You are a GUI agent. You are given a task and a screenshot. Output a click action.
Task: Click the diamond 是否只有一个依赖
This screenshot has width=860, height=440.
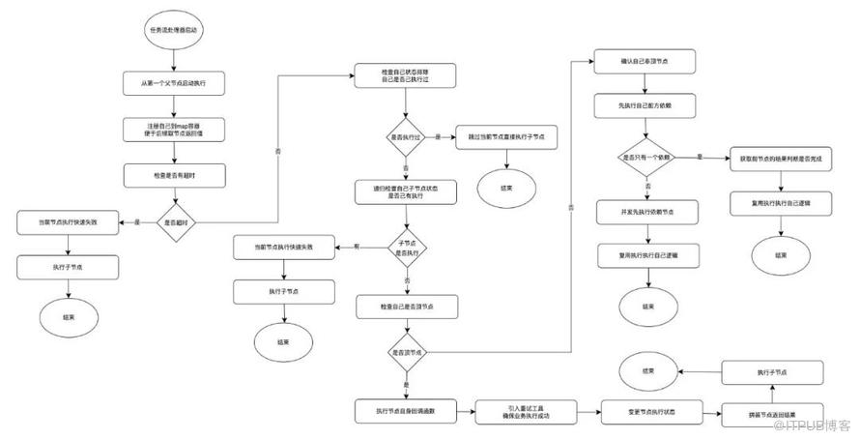[645, 156]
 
